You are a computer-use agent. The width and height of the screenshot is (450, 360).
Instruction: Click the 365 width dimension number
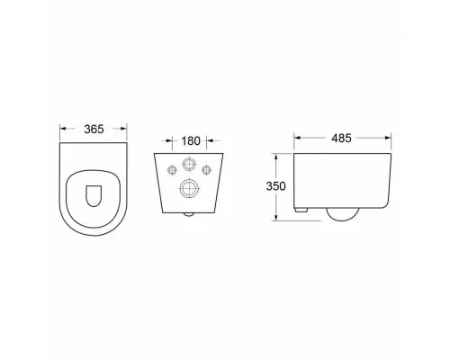[94, 130]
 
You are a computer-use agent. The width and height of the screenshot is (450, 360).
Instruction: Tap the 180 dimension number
[191, 140]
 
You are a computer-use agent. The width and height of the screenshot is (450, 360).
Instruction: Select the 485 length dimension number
[341, 139]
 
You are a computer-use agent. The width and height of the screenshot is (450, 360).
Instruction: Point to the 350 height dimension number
[275, 186]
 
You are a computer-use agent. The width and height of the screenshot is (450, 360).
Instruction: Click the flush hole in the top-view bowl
[94, 196]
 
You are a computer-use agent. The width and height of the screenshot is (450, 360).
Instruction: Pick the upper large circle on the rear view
[189, 164]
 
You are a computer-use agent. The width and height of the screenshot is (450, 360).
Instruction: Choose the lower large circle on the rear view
[189, 188]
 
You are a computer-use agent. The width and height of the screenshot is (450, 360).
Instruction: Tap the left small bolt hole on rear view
[172, 170]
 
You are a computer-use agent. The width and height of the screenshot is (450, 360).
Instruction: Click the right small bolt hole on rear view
[206, 170]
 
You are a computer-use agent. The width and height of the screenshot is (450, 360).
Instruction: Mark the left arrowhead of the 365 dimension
[63, 129]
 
